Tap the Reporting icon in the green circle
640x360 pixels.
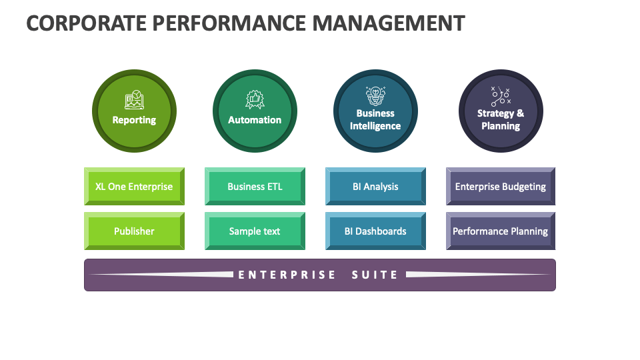pos(134,101)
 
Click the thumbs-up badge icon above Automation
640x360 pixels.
pos(255,100)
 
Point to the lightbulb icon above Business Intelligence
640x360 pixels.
pos(375,95)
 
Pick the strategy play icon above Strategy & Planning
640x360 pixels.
pos(500,97)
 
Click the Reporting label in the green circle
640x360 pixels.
pos(134,120)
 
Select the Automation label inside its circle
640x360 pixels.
pos(255,120)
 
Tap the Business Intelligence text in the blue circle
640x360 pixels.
pos(375,119)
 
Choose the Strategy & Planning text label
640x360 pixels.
pos(500,119)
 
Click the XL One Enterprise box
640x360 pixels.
pos(134,187)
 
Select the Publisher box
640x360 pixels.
pos(134,231)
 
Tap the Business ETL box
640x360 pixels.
pos(255,187)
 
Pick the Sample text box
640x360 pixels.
pos(255,231)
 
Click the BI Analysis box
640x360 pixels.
pos(375,187)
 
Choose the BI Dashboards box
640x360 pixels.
pos(375,231)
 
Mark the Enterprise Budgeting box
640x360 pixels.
pos(500,187)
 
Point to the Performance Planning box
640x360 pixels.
pos(500,231)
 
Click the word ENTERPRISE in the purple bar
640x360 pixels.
pos(287,275)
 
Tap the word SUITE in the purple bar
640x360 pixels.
pos(375,275)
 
